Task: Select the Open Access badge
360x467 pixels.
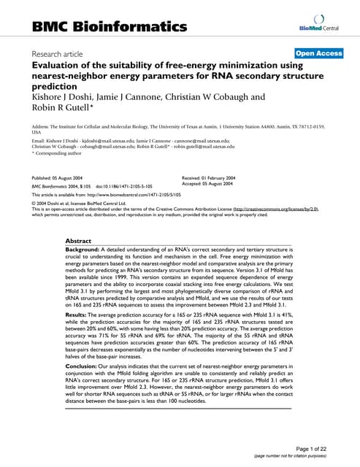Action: pos(318,53)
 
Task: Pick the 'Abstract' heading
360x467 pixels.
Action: pos(79,240)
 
